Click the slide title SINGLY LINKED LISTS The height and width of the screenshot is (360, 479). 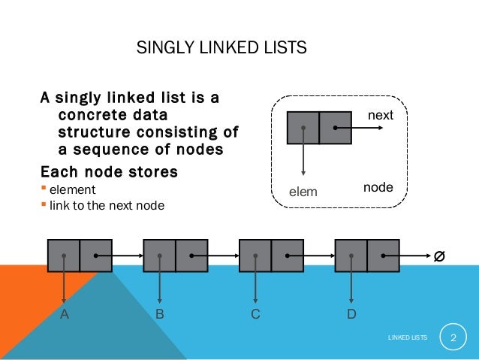point(221,49)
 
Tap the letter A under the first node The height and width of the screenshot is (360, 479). point(65,315)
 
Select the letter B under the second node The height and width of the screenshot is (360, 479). point(160,315)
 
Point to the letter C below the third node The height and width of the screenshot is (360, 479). point(255,315)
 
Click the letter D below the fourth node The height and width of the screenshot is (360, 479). point(351,315)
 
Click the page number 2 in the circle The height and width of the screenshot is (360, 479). point(453,339)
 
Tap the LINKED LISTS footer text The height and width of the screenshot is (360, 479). point(408,340)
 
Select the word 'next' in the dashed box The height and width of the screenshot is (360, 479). point(379,116)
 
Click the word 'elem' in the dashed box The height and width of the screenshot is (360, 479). point(304,192)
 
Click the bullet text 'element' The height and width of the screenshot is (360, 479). point(73,189)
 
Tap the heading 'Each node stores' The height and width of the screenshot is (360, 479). point(109,171)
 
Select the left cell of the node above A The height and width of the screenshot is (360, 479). point(64,256)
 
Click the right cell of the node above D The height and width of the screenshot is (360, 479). point(383,256)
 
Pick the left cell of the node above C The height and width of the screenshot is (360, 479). point(255,256)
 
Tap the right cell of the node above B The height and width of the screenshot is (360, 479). point(191,256)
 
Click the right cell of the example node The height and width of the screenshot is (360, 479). point(335,128)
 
